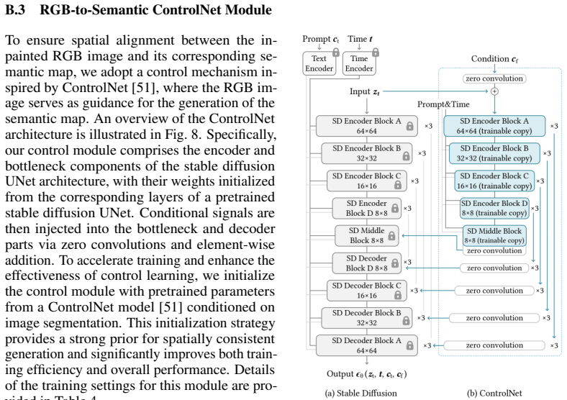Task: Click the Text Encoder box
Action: pyautogui.click(x=319, y=63)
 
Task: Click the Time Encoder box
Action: pyautogui.click(x=359, y=63)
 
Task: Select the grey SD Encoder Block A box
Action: pyautogui.click(x=367, y=126)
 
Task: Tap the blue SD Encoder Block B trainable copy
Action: pyautogui.click(x=494, y=153)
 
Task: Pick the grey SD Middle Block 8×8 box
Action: pyautogui.click(x=367, y=235)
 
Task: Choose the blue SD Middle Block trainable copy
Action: pyautogui.click(x=494, y=235)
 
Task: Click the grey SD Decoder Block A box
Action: pyautogui.click(x=367, y=345)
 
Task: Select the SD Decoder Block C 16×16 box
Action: pyautogui.click(x=367, y=291)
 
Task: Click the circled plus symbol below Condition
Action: pyautogui.click(x=494, y=91)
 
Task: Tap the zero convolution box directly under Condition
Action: pyautogui.click(x=494, y=78)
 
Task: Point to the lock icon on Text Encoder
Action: pyautogui.click(x=336, y=52)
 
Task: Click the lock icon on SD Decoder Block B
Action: pyautogui.click(x=406, y=320)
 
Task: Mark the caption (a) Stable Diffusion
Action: pyautogui.click(x=361, y=393)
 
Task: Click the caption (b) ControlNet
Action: pyautogui.click(x=494, y=393)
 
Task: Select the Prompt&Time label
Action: pyautogui.click(x=443, y=104)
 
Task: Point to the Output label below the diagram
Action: pyautogui.click(x=367, y=374)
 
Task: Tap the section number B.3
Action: pyautogui.click(x=15, y=10)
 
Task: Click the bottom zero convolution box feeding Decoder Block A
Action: pyautogui.click(x=494, y=345)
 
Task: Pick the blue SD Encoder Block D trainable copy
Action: pyautogui.click(x=494, y=209)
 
